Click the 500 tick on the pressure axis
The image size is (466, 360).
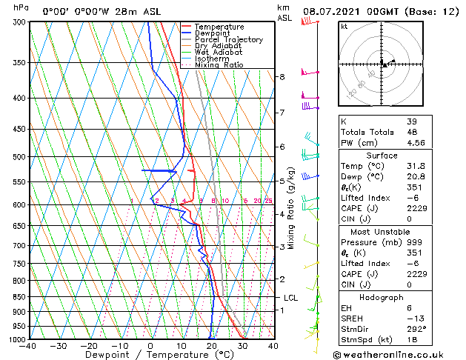(20, 157)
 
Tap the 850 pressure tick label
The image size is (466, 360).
(20, 296)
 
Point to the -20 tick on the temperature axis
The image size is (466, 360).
(89, 346)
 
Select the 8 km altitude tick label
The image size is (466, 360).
(282, 77)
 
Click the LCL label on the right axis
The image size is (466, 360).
(290, 298)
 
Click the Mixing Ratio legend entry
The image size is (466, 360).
(219, 65)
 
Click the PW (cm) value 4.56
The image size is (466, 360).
(417, 143)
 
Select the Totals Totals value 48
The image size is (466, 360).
(412, 132)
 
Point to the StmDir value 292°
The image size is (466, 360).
(417, 329)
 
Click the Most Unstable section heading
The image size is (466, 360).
(382, 231)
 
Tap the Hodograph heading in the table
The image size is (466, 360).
(382, 296)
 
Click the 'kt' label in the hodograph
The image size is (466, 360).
(344, 26)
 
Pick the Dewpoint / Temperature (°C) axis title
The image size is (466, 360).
(151, 355)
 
